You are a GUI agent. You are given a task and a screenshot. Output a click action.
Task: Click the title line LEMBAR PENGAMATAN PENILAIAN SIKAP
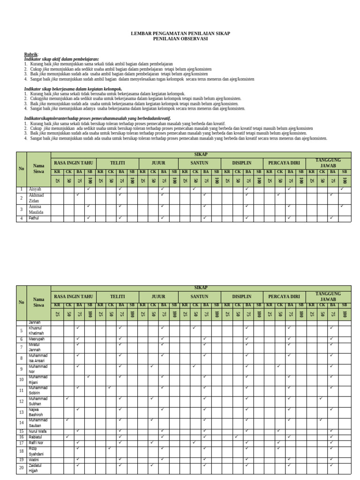pyautogui.click(x=180, y=34)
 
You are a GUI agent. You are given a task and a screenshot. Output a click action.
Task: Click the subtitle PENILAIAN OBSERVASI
pyautogui.click(x=180, y=39)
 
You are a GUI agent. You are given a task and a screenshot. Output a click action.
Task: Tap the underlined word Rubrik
pyautogui.click(x=31, y=54)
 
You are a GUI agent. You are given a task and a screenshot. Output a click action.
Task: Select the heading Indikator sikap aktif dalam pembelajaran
pyautogui.click(x=61, y=59)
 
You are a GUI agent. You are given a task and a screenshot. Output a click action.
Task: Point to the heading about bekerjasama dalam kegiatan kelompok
pyautogui.click(x=73, y=89)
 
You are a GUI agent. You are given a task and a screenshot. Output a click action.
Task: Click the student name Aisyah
pyautogui.click(x=36, y=189)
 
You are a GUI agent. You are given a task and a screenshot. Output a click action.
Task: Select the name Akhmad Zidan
pyautogui.click(x=36, y=197)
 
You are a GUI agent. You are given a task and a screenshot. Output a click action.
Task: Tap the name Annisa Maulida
pyautogui.click(x=36, y=209)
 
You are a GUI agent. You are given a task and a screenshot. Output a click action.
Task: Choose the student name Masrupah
pyautogui.click(x=37, y=338)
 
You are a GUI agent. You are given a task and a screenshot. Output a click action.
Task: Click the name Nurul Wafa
pyautogui.click(x=38, y=431)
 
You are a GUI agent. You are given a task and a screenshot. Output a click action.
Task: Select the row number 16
pyautogui.click(x=21, y=437)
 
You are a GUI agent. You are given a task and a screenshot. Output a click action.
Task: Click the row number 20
pyautogui.click(x=21, y=468)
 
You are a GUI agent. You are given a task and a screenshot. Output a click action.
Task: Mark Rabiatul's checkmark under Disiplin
pyautogui.click(x=236, y=436)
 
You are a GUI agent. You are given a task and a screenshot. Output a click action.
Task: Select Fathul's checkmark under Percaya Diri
pyautogui.click(x=289, y=217)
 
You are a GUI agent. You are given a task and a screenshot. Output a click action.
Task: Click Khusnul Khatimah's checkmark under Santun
pyautogui.click(x=194, y=328)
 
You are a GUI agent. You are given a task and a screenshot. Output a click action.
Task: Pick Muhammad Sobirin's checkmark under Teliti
pyautogui.click(x=109, y=388)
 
